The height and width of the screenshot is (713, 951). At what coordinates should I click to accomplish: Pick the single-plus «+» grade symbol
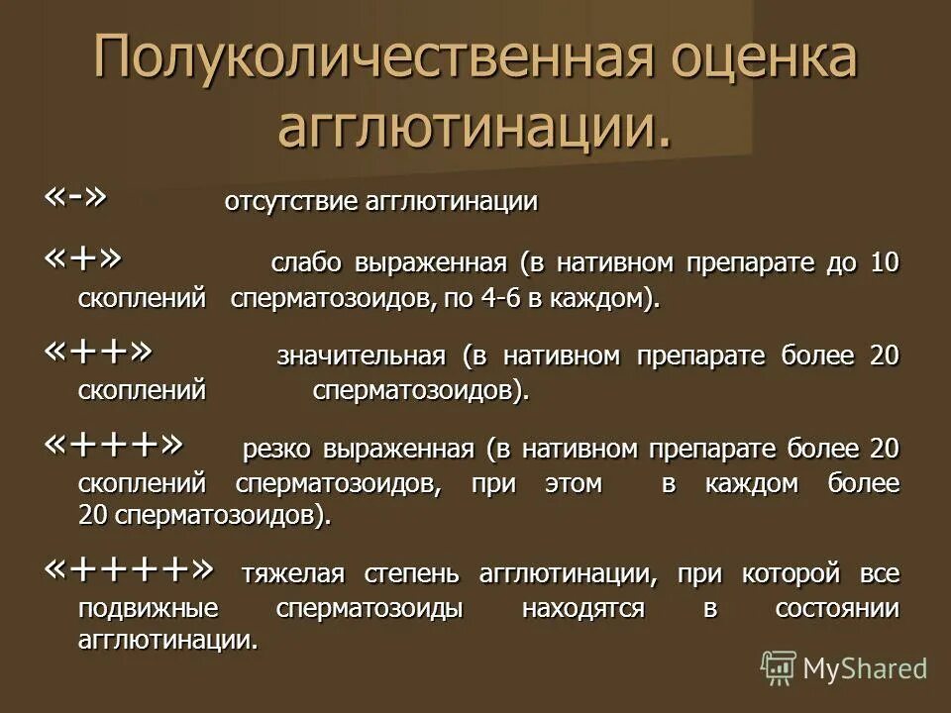84,259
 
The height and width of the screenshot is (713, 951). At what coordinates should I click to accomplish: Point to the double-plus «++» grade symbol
99,352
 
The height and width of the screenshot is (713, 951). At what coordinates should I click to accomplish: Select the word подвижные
149,609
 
